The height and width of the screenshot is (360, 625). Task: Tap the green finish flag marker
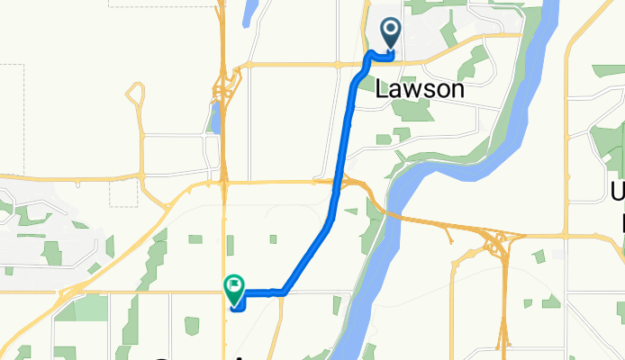[x=234, y=287]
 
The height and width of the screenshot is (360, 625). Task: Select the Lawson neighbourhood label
[x=420, y=90]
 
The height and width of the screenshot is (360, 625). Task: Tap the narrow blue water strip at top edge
[x=249, y=11]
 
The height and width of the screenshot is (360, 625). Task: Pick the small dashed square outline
[x=124, y=192]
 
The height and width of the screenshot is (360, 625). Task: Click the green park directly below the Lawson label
[x=414, y=111]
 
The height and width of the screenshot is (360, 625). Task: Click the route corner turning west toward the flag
[x=283, y=292]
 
